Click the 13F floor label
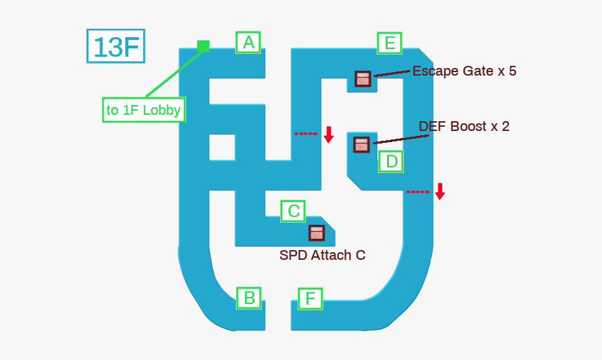pyautogui.click(x=115, y=46)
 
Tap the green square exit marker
pyautogui.click(x=203, y=46)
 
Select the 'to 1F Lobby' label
pyautogui.click(x=143, y=110)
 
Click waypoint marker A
pyautogui.click(x=248, y=43)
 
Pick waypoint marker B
pyautogui.click(x=248, y=298)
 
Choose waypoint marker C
pyautogui.click(x=293, y=211)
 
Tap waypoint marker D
pyautogui.click(x=391, y=162)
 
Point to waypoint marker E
pyautogui.click(x=389, y=43)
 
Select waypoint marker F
pyautogui.click(x=310, y=299)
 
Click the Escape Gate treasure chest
pyautogui.click(x=362, y=78)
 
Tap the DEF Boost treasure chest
pyautogui.click(x=361, y=144)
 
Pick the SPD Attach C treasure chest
pyautogui.click(x=316, y=233)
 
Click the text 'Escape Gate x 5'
pyautogui.click(x=464, y=71)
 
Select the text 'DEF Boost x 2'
pyautogui.click(x=464, y=126)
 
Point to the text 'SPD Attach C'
pyautogui.click(x=322, y=256)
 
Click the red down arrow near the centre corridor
pyautogui.click(x=328, y=134)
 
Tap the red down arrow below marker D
pyautogui.click(x=440, y=191)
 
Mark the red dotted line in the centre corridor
pyautogui.click(x=305, y=133)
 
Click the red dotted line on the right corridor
pyautogui.click(x=418, y=191)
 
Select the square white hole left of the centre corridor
pyautogui.click(x=222, y=147)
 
